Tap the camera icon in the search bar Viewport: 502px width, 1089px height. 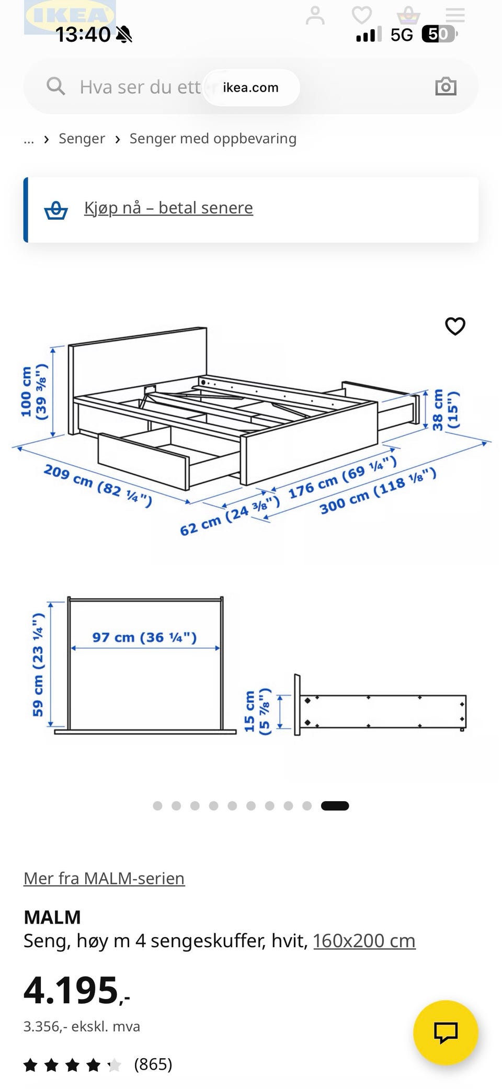(x=446, y=86)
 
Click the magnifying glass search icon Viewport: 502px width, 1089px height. (x=56, y=86)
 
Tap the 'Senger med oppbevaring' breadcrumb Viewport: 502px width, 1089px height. (x=213, y=139)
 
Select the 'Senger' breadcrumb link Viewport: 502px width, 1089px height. (x=82, y=139)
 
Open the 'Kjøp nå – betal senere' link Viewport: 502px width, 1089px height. (x=168, y=208)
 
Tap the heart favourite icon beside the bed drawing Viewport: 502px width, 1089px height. (x=455, y=326)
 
